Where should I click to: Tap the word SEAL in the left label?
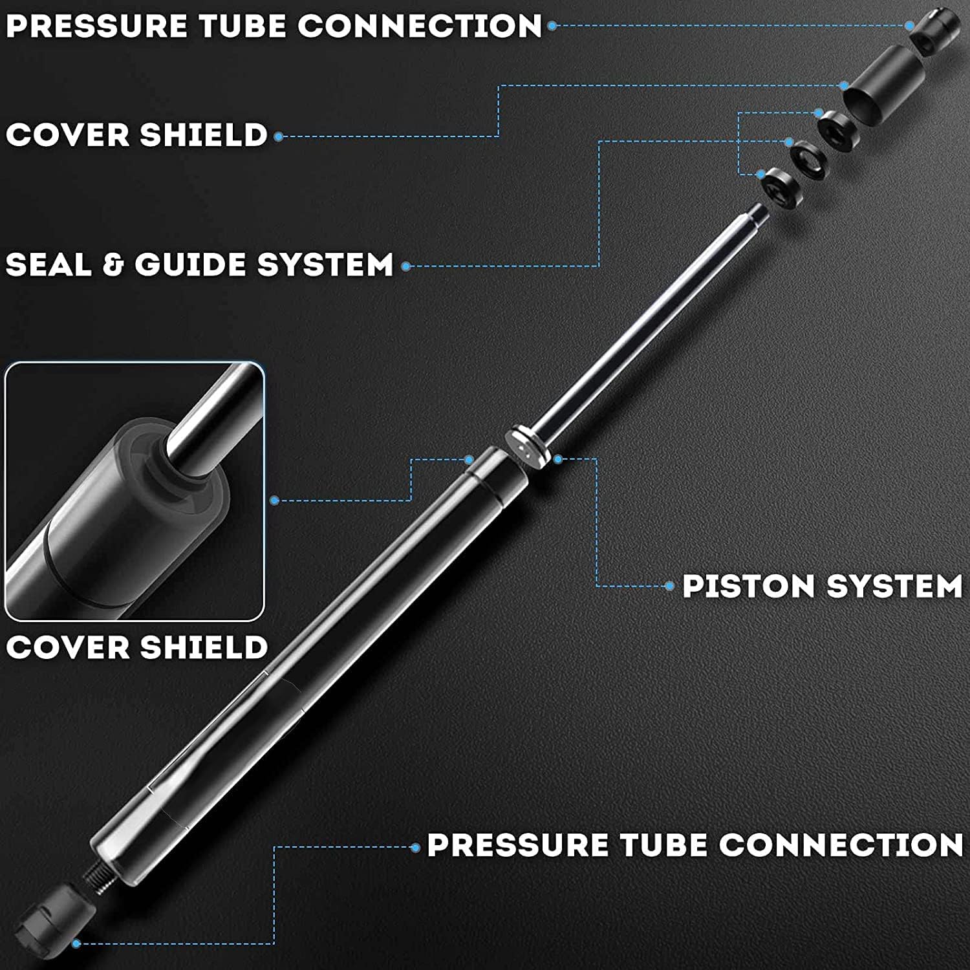coord(48,264)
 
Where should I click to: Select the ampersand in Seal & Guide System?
coord(113,265)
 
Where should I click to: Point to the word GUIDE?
coord(190,264)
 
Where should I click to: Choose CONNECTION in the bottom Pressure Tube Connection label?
coord(841,845)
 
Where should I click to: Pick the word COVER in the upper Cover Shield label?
coord(67,135)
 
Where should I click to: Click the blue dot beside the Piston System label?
coord(670,587)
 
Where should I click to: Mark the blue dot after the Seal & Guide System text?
coord(405,266)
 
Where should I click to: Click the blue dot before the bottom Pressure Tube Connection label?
coord(415,847)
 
